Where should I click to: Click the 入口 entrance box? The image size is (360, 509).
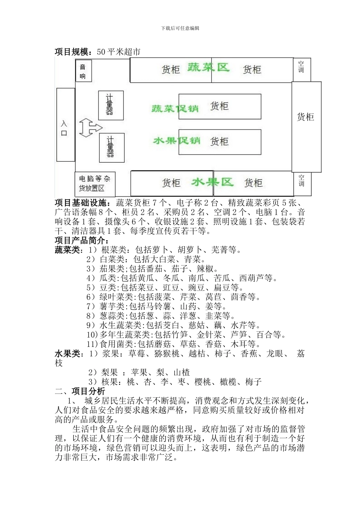(x=65, y=125)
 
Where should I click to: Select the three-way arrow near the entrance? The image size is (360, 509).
(x=90, y=128)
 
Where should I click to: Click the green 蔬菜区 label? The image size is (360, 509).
(x=208, y=67)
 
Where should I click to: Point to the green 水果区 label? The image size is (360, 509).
(x=212, y=182)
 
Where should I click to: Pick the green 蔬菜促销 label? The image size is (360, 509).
(x=175, y=108)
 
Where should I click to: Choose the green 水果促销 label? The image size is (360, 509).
(x=177, y=141)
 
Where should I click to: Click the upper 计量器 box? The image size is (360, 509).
(x=111, y=105)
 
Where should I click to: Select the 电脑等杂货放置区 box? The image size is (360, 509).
(x=95, y=184)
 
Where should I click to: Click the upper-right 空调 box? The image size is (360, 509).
(x=301, y=69)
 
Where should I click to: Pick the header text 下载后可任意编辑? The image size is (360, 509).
(x=180, y=28)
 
